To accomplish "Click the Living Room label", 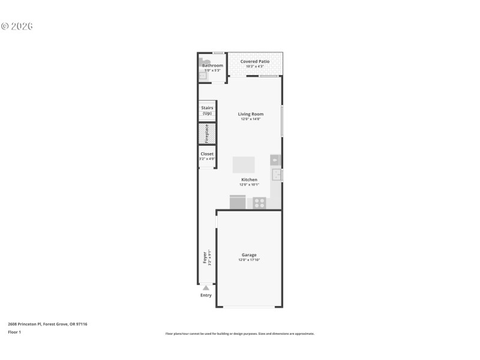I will pyautogui.click(x=251, y=114).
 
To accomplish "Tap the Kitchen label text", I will pyautogui.click(x=249, y=179).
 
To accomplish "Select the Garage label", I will pyautogui.click(x=249, y=254).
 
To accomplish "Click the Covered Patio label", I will pyautogui.click(x=255, y=61).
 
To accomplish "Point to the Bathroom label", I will pyautogui.click(x=212, y=65).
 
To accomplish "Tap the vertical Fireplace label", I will pyautogui.click(x=207, y=134).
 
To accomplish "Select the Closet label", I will pyautogui.click(x=207, y=154).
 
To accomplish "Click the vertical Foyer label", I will pyautogui.click(x=205, y=258).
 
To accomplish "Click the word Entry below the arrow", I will pyautogui.click(x=206, y=295).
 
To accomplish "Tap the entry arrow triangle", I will pyautogui.click(x=206, y=288).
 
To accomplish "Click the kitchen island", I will pyautogui.click(x=244, y=164).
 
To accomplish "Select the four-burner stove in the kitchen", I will pyautogui.click(x=259, y=203).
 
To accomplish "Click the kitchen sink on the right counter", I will pyautogui.click(x=277, y=175).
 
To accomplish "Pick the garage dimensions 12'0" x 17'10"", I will pyautogui.click(x=249, y=260).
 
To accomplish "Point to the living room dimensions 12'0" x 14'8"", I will pyautogui.click(x=251, y=119).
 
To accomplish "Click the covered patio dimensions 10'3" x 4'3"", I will pyautogui.click(x=255, y=67).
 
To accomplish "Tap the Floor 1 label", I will pyautogui.click(x=14, y=332).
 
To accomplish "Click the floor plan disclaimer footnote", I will pyautogui.click(x=239, y=334).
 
